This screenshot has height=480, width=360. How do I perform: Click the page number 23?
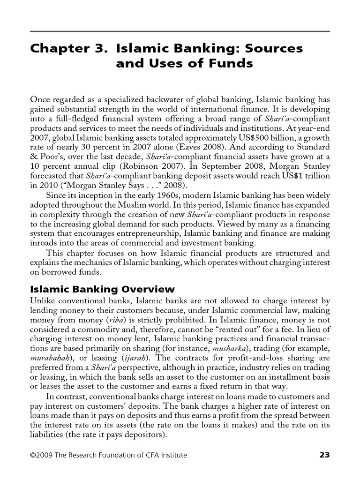(324, 455)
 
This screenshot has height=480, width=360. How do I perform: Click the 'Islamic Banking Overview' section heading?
(102, 289)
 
